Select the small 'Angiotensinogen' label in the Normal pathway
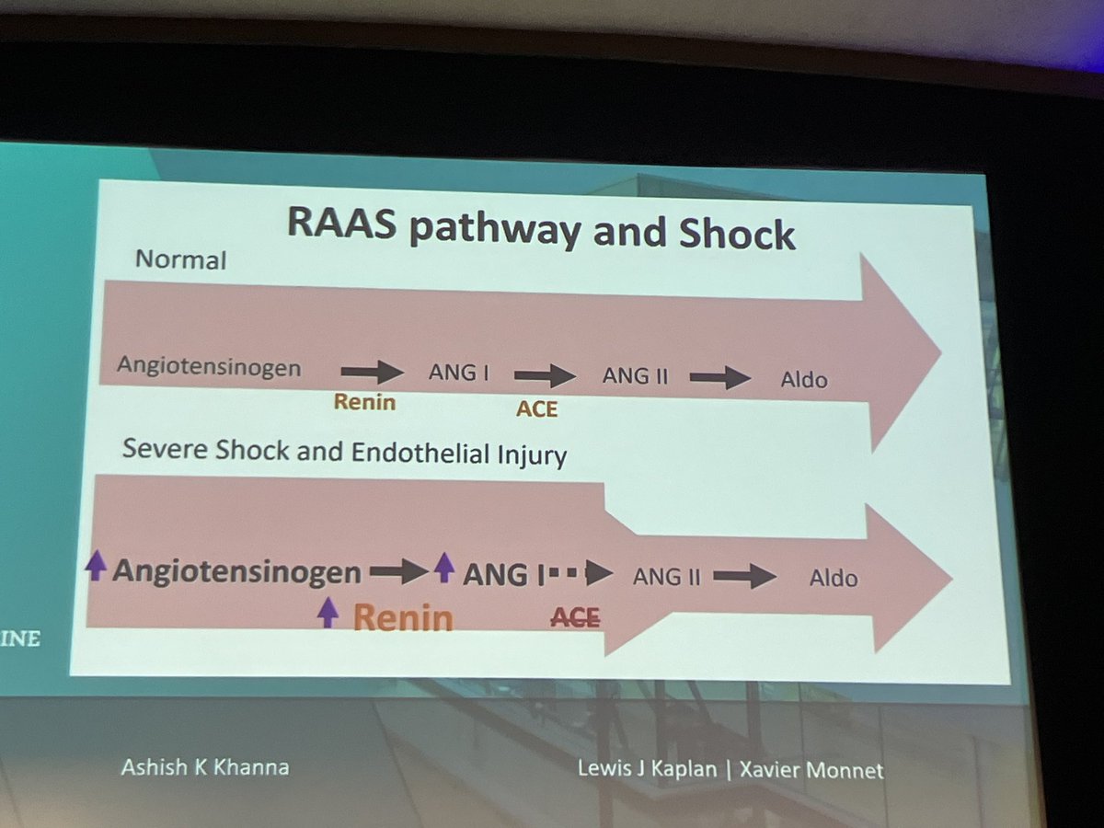tap(209, 367)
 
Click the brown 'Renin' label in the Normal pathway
tap(364, 402)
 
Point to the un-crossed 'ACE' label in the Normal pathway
tap(536, 408)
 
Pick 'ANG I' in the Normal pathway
tap(457, 373)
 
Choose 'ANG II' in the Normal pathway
tap(634, 375)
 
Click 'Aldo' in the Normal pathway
tap(804, 379)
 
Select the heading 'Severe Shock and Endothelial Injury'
tap(344, 452)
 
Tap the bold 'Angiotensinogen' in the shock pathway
tap(236, 572)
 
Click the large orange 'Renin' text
tap(403, 617)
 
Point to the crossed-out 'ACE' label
tap(574, 617)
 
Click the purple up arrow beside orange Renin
tap(328, 612)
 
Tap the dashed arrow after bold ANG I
tap(581, 574)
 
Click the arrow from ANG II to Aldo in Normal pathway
tap(719, 377)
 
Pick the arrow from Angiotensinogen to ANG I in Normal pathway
tap(372, 372)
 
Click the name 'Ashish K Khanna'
tap(204, 766)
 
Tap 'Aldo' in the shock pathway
tap(833, 579)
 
